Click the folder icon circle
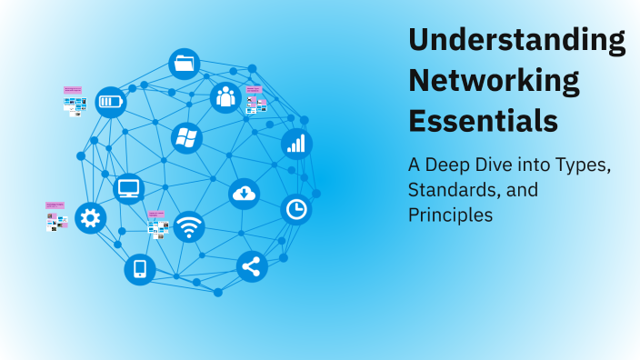click(185, 64)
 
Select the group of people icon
click(225, 97)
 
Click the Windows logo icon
click(186, 138)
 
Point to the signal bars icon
click(296, 143)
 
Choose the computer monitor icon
click(129, 189)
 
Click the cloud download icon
click(244, 193)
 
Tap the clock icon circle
click(295, 209)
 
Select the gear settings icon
click(90, 217)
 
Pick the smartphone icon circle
click(140, 269)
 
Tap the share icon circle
click(252, 266)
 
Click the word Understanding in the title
click(516, 41)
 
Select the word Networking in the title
click(494, 80)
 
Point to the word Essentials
click(483, 119)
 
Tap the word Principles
click(450, 215)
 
